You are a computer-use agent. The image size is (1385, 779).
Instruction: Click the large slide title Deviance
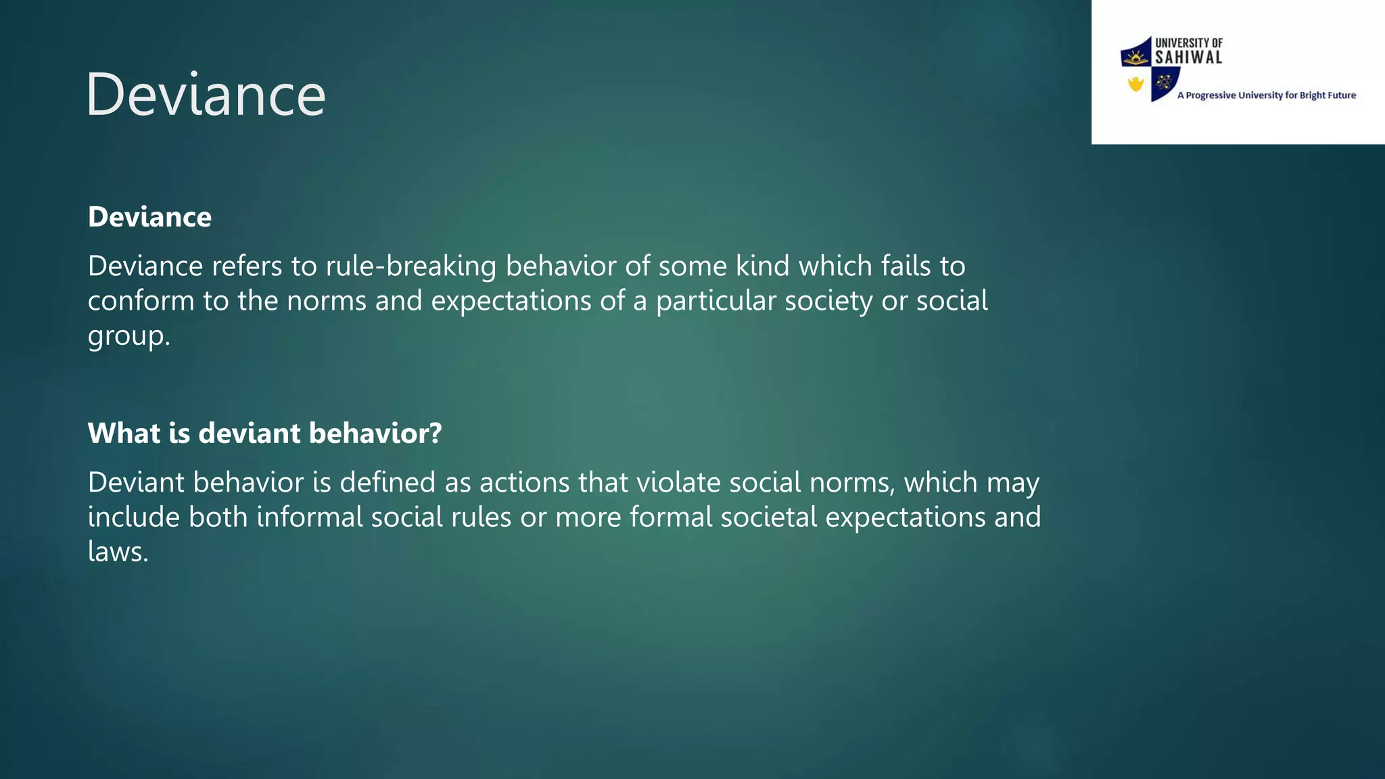click(206, 95)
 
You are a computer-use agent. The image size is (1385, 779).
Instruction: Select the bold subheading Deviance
click(149, 217)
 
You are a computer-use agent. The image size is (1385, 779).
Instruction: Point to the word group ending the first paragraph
click(126, 336)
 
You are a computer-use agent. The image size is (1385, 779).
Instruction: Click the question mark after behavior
click(435, 433)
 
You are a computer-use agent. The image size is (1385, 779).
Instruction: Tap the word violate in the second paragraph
click(679, 483)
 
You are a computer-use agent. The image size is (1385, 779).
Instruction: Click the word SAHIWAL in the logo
click(1188, 58)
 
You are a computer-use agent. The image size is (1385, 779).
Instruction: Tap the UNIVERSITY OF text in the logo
click(1188, 43)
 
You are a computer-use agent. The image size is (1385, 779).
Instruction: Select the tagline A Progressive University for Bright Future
click(1266, 95)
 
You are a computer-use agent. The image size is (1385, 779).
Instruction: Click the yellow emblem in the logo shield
click(1135, 84)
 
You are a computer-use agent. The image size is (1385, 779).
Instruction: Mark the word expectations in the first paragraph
click(511, 301)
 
